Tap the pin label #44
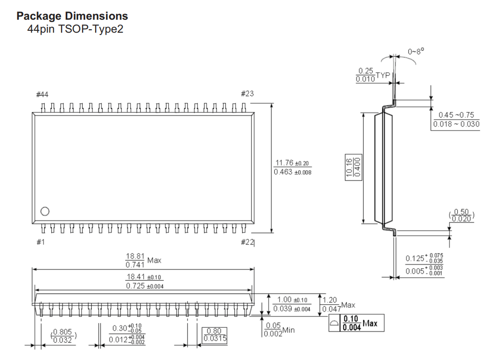coord(42,94)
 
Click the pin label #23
coord(247,94)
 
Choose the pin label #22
coord(247,242)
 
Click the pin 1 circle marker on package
coord(45,211)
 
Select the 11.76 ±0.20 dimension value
coord(292,163)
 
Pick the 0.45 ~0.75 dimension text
coord(456,115)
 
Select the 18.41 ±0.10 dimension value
coord(144,277)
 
